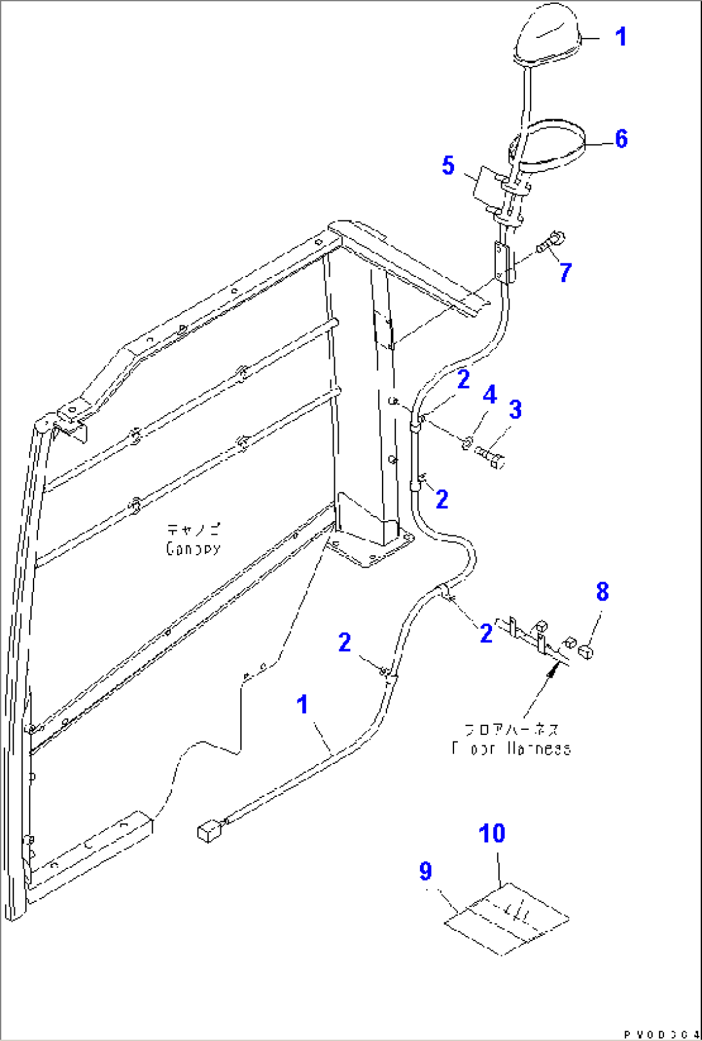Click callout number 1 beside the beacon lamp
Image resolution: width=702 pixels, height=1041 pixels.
point(620,37)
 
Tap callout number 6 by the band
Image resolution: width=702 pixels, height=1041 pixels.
point(621,138)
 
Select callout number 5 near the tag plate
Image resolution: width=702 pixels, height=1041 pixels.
point(448,166)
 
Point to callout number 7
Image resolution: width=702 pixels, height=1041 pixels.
point(565,272)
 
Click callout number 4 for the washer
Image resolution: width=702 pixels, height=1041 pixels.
point(490,394)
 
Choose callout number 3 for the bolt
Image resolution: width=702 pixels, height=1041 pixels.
point(515,409)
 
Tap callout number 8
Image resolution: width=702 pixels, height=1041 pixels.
point(602,591)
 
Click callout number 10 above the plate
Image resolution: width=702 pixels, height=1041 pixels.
point(492,834)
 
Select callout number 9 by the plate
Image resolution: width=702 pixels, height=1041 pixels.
point(425,871)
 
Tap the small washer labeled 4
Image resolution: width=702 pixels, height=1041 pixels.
point(468,443)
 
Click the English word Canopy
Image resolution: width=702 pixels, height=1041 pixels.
point(193,549)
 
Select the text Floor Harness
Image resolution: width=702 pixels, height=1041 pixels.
point(511,749)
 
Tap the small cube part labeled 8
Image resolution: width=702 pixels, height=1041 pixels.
point(585,652)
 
